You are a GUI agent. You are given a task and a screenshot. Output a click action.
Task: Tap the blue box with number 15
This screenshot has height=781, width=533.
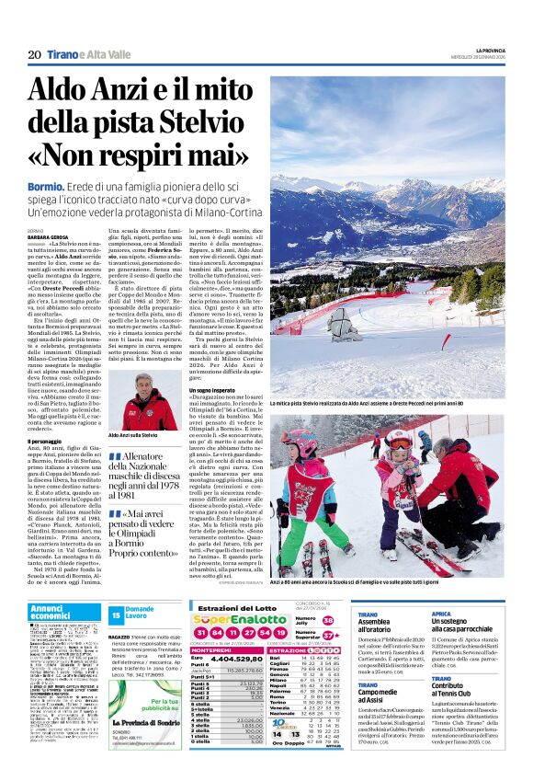[x=116, y=614]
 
